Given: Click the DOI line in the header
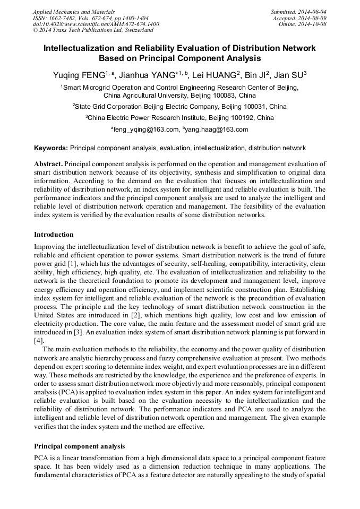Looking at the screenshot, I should tap(96, 24).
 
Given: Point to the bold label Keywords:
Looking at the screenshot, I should tap(51, 148).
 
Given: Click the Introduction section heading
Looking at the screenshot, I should tap(54, 234).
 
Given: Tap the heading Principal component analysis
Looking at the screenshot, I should tap(80, 446).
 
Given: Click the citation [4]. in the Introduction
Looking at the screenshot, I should tap(39, 340).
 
